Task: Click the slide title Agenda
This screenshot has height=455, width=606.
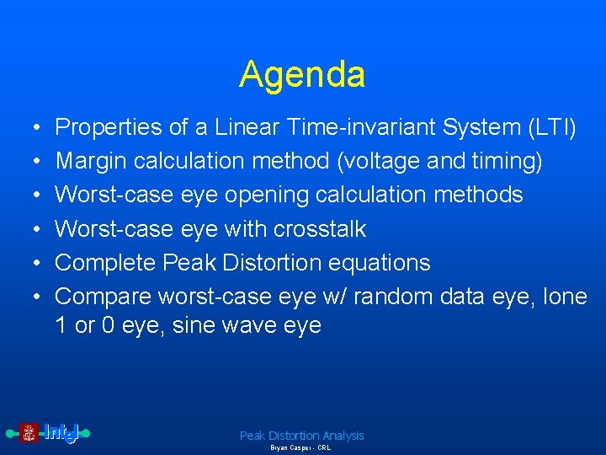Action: pyautogui.click(x=302, y=74)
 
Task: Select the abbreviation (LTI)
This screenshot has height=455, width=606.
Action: pyautogui.click(x=551, y=128)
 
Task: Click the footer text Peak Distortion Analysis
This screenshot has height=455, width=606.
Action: pyautogui.click(x=302, y=436)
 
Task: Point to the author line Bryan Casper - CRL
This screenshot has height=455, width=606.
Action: pyautogui.click(x=300, y=448)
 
